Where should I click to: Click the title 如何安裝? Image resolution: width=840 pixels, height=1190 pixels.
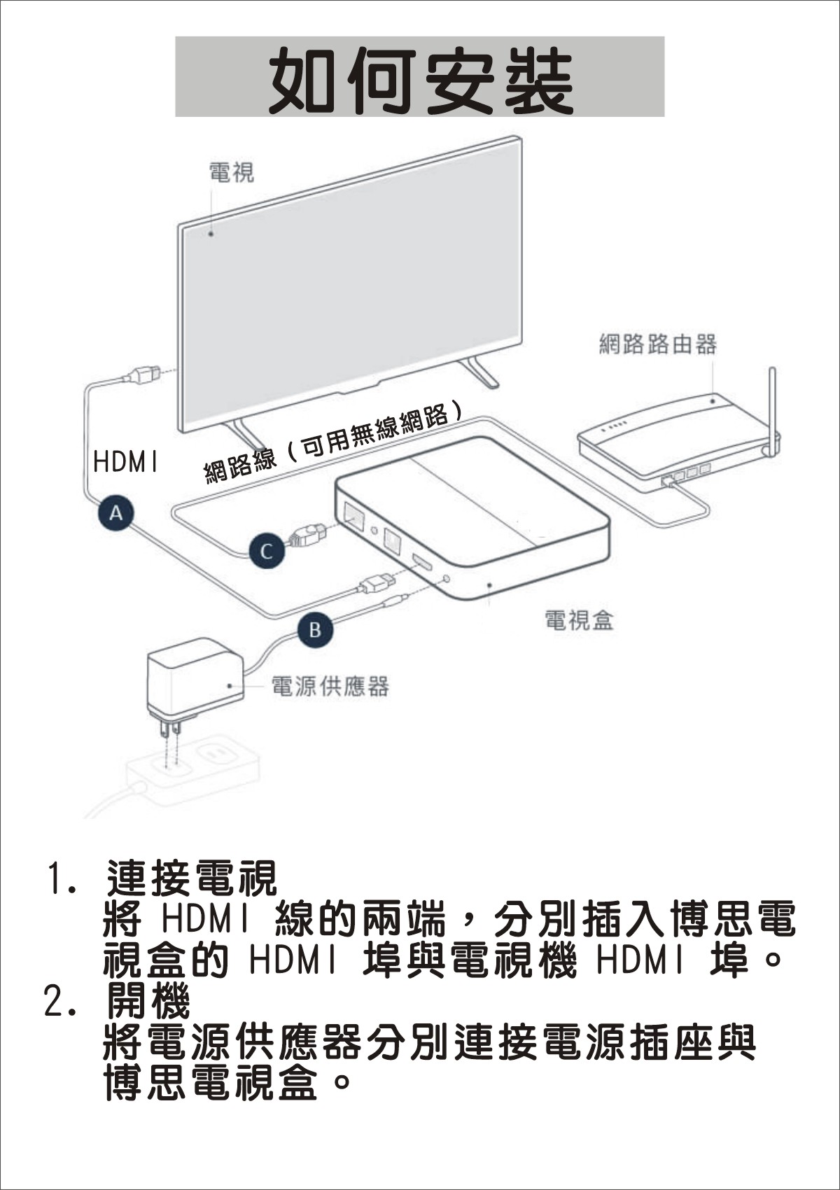pos(420,80)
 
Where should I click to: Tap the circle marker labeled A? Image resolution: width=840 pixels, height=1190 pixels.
pos(115,513)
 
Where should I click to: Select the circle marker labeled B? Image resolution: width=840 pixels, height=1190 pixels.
pos(315,630)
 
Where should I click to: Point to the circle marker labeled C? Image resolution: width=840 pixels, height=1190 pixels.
pos(267,552)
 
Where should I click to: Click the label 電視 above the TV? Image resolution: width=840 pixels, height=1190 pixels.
pos(231,172)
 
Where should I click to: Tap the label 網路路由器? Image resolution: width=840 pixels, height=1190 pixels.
pos(658,344)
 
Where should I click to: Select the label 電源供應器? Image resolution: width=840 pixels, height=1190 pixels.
pos(330,687)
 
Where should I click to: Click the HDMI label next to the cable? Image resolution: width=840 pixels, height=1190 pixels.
pos(125,461)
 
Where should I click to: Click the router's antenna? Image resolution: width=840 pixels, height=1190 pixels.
pos(771,409)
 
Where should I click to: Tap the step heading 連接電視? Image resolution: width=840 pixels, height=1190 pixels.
pos(192,878)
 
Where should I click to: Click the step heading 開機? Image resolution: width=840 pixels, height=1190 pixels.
pos(148,1000)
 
